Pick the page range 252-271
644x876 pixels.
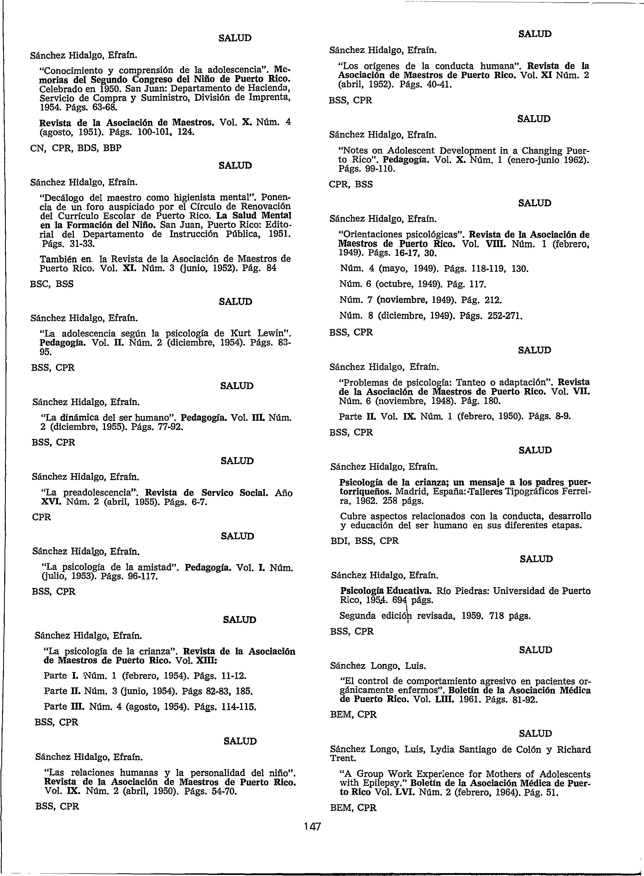pos(503,316)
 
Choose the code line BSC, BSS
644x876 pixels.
pos(51,284)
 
